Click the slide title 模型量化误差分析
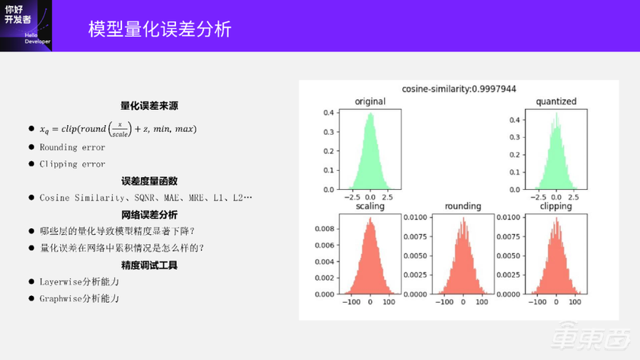pyautogui.click(x=160, y=29)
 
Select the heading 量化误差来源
pyautogui.click(x=149, y=106)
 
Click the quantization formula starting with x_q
pyautogui.click(x=117, y=130)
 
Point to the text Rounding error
pyautogui.click(x=72, y=148)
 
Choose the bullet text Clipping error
pyautogui.click(x=72, y=164)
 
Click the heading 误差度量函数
pyautogui.click(x=149, y=181)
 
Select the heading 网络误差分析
pyautogui.click(x=149, y=215)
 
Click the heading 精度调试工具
pyautogui.click(x=149, y=265)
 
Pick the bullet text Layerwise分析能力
pyautogui.click(x=79, y=282)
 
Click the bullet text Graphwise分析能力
pyautogui.click(x=79, y=298)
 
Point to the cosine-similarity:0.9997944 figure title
pyautogui.click(x=459, y=89)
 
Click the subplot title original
pyautogui.click(x=370, y=102)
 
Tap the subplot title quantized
pyautogui.click(x=556, y=102)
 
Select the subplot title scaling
pyautogui.click(x=370, y=206)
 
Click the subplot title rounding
pyautogui.click(x=463, y=206)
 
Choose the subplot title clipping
pyautogui.click(x=556, y=206)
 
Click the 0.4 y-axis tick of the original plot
pyautogui.click(x=329, y=113)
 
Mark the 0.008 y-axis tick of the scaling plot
pyautogui.click(x=325, y=227)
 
